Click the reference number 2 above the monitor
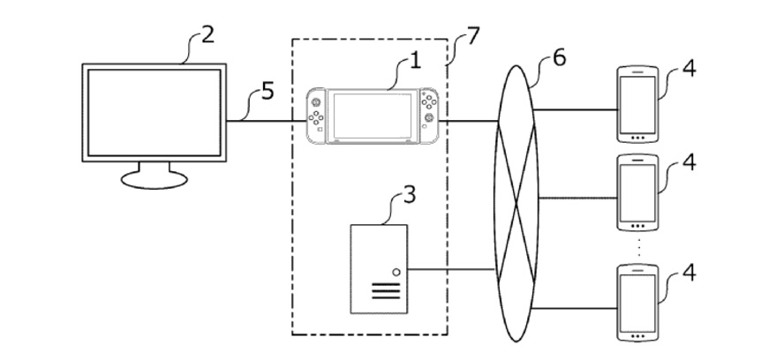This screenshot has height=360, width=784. [207, 37]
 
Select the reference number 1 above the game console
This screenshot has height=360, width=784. [414, 63]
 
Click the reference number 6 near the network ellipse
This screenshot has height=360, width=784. [558, 60]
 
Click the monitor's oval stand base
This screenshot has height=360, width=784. [154, 178]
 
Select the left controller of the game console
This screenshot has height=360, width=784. [316, 115]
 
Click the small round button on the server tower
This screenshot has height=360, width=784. [396, 274]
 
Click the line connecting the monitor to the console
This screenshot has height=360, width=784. [265, 121]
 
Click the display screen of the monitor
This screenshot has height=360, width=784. [152, 110]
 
